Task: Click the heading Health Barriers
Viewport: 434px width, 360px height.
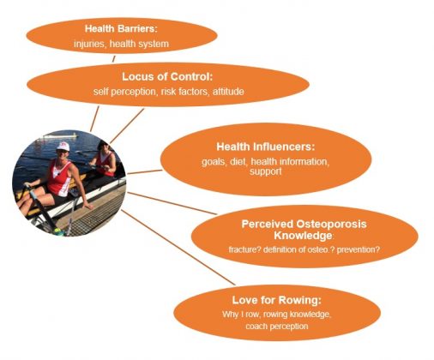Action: [x=121, y=28]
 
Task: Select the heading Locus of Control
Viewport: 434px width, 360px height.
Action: [x=167, y=76]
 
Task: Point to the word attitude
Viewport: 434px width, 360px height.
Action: [x=228, y=92]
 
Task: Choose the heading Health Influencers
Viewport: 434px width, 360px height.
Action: [x=266, y=147]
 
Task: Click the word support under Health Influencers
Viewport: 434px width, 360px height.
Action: [x=266, y=171]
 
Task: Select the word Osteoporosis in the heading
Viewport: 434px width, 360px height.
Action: [x=331, y=224]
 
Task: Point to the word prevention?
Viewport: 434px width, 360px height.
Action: [x=359, y=249]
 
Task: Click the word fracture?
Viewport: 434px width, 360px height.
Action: [x=244, y=249]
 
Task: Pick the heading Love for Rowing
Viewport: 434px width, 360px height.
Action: [x=277, y=300]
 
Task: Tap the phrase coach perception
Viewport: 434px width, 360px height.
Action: [x=277, y=327]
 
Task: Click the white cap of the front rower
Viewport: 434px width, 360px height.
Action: [x=63, y=147]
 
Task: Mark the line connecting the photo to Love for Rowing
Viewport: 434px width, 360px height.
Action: [x=178, y=248]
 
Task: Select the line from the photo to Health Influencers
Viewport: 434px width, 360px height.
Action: [x=145, y=171]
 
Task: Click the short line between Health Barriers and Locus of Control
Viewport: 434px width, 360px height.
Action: [x=113, y=59]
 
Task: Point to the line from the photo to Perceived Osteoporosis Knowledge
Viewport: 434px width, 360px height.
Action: [x=172, y=203]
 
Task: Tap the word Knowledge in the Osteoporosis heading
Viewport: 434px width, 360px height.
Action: [x=303, y=236]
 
